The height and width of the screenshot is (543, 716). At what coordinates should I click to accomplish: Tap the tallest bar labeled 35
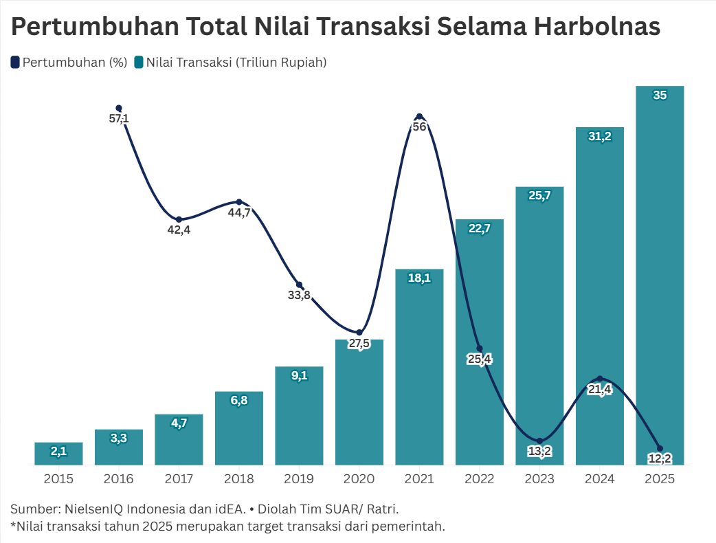pos(660,275)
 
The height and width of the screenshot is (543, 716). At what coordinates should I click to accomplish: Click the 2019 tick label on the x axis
pos(299,478)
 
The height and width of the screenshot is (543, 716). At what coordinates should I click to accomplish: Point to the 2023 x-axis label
pos(539,478)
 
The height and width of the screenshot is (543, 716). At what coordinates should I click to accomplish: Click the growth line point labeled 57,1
pos(119,108)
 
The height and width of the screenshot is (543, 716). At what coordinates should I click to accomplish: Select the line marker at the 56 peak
pos(419,116)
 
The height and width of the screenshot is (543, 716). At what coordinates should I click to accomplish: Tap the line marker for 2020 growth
pos(359,333)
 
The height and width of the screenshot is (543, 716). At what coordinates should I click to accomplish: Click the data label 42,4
pos(179,230)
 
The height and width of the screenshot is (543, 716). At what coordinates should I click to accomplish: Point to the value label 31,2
pos(600,137)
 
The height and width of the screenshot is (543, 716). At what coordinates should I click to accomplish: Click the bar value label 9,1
pos(299,376)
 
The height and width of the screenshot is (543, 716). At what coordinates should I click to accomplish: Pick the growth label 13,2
pos(539,452)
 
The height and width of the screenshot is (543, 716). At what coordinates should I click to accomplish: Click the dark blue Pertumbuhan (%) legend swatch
pos(15,62)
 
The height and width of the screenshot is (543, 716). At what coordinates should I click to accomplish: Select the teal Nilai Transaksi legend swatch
pos(139,62)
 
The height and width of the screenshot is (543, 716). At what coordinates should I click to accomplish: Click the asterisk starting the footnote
pos(13,525)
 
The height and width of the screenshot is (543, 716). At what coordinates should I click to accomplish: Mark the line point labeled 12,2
pos(660,449)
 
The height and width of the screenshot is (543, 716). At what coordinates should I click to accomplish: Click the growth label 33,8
pos(299,296)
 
